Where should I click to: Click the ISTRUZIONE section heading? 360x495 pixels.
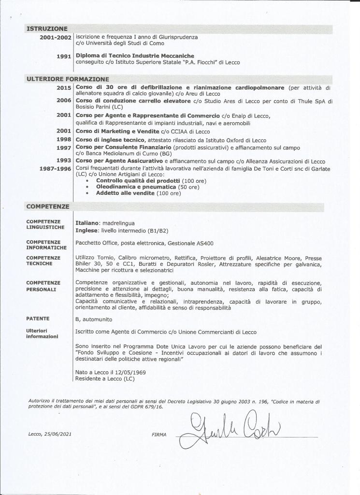pyautogui.click(x=47, y=29)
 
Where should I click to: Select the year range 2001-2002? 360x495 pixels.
pyautogui.click(x=56, y=37)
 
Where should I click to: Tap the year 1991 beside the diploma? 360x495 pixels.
pyautogui.click(x=64, y=56)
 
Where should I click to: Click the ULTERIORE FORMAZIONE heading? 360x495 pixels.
pyautogui.click(x=68, y=79)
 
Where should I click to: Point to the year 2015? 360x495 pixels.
pyautogui.click(x=64, y=87)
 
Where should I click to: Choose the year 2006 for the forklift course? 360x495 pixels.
pyautogui.click(x=64, y=101)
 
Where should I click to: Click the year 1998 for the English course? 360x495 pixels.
pyautogui.click(x=64, y=140)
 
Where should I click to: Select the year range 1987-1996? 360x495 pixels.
pyautogui.click(x=56, y=168)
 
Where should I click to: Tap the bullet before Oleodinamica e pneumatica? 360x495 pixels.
pyautogui.click(x=86, y=187)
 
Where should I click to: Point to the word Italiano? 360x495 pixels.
pyautogui.click(x=87, y=223)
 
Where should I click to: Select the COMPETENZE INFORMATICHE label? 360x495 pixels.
pyautogui.click(x=43, y=245)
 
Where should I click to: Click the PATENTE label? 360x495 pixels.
pyautogui.click(x=37, y=319)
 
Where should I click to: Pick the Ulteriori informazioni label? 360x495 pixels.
pyautogui.click(x=42, y=334)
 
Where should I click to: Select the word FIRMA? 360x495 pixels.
pyautogui.click(x=158, y=435)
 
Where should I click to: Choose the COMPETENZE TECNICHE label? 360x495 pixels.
pyautogui.click(x=43, y=261)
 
